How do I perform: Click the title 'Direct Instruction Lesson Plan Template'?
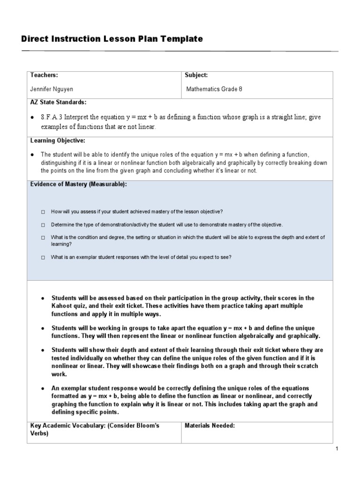(x=112, y=39)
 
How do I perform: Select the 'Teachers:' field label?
(x=44, y=75)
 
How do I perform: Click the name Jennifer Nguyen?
(x=52, y=89)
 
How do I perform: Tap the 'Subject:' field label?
(x=196, y=75)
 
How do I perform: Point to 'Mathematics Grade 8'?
(x=214, y=89)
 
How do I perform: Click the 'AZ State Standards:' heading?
(x=58, y=102)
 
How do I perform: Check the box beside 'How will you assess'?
(x=43, y=212)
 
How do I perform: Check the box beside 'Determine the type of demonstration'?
(x=43, y=225)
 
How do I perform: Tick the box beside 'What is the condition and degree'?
(x=43, y=238)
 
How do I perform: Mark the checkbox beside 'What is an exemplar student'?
(x=43, y=257)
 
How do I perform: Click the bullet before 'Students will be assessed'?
(x=43, y=298)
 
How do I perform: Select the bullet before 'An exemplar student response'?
(x=43, y=389)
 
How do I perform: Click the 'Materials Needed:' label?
(x=210, y=426)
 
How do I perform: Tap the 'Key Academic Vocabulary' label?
(x=65, y=426)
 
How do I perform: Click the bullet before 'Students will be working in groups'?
(x=43, y=328)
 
